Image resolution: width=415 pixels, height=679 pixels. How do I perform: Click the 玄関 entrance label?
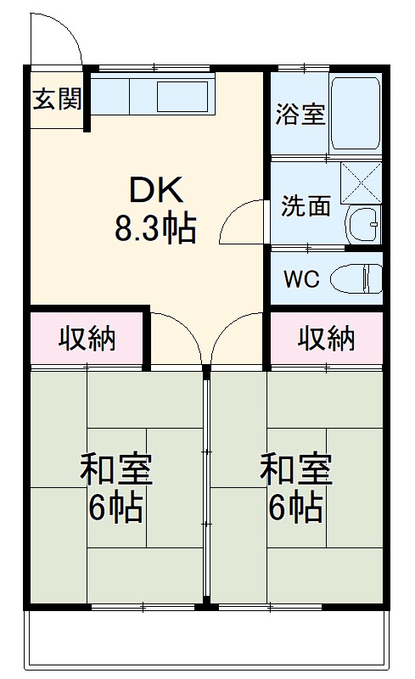58,99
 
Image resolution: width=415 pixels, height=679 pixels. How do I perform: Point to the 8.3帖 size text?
155,228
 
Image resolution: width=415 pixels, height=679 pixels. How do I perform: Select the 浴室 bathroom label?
300,115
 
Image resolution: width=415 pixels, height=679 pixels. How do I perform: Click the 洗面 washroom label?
306,206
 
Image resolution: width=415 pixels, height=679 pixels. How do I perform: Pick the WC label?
301,278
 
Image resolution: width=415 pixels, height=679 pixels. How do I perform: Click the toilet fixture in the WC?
356,278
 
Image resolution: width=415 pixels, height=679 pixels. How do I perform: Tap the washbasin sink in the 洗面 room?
364,226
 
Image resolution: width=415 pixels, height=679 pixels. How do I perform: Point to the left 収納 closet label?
87,339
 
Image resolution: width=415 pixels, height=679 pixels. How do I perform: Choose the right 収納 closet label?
327,339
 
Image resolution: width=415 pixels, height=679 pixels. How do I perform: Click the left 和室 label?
116,469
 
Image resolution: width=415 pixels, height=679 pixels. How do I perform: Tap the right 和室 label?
295,469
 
